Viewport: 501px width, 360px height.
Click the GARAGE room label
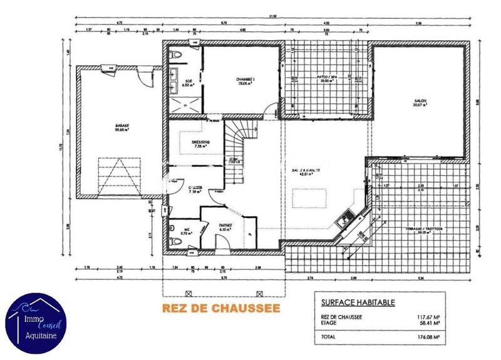click(x=121, y=126)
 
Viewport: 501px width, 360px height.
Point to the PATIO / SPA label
click(x=324, y=79)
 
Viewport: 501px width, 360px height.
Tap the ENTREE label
click(x=225, y=226)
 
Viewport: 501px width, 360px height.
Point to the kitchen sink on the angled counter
click(x=343, y=220)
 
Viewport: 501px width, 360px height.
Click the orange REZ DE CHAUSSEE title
click(x=220, y=308)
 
